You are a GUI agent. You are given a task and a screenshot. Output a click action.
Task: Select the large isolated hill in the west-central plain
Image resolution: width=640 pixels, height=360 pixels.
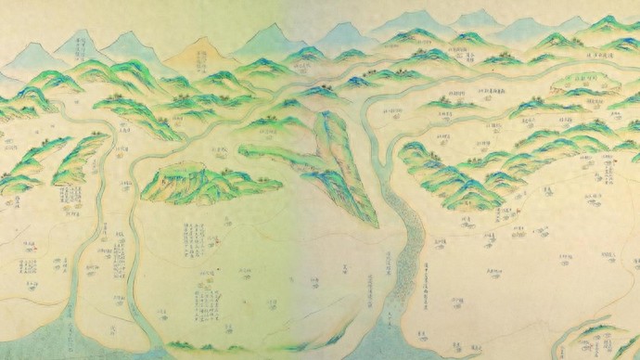[209, 180]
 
